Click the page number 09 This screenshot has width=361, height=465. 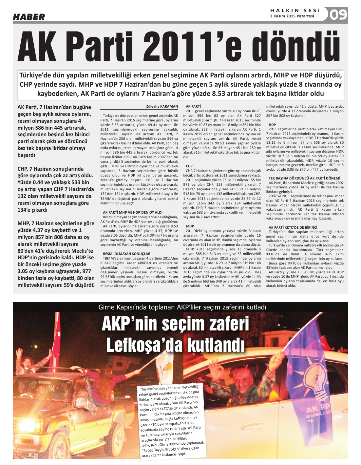338,14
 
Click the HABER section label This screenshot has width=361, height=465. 29,17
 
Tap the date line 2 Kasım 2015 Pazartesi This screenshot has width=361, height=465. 292,16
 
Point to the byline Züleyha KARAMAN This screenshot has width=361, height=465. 162,106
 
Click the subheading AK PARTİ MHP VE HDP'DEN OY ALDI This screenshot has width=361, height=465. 132,212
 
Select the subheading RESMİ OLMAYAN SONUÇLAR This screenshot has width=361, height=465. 126,254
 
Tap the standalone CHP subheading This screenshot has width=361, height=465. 189,166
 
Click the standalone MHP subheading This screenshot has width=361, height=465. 190,226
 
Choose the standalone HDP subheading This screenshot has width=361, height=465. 272,125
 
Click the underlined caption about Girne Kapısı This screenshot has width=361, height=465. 182,307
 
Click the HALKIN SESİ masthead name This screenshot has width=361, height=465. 295,11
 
